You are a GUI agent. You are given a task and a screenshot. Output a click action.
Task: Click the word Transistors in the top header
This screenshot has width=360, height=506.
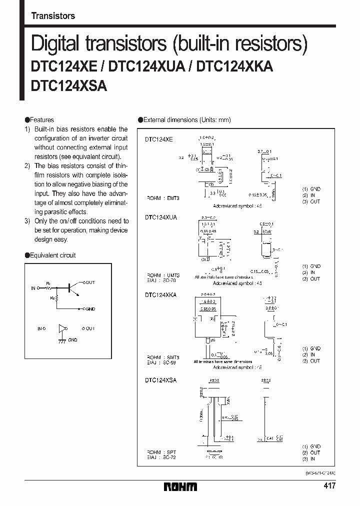click(53, 15)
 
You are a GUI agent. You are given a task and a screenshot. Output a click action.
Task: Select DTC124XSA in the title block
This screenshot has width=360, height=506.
click(69, 86)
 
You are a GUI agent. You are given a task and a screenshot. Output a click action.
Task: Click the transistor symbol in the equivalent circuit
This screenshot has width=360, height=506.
click(72, 288)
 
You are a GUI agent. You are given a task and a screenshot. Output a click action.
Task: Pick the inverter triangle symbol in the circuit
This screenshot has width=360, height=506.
click(62, 328)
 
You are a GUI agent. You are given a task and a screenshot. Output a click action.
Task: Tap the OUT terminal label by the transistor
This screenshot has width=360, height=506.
click(89, 282)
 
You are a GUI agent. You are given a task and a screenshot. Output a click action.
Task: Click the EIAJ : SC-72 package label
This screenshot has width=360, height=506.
click(162, 457)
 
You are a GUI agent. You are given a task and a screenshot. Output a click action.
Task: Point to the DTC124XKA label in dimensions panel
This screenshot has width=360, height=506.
click(160, 295)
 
